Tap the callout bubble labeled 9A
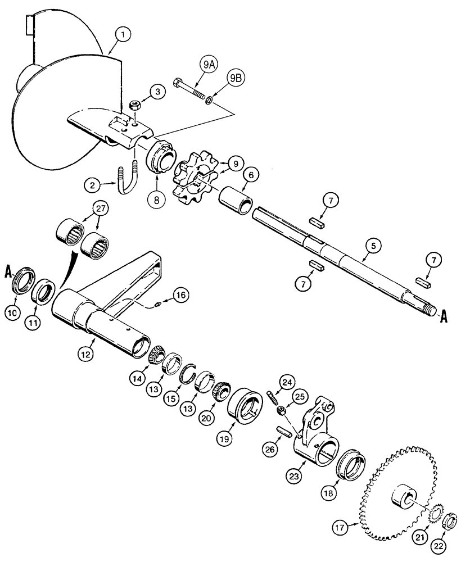tap(209, 65)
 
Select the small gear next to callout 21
tap(435, 514)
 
